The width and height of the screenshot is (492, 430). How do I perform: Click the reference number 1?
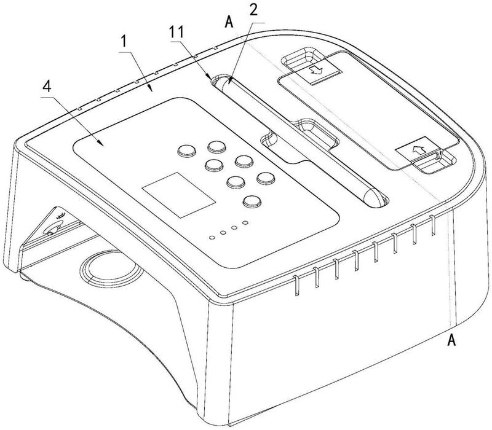tap(125, 41)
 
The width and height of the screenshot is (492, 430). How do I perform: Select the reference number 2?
tap(253, 10)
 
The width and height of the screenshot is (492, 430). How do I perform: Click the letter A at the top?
tap(229, 22)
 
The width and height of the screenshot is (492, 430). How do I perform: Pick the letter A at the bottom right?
tap(451, 340)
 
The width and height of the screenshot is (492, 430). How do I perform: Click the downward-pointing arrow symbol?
tap(317, 70)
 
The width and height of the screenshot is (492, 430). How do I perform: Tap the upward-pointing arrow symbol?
tap(419, 149)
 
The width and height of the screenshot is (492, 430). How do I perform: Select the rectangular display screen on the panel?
tap(178, 195)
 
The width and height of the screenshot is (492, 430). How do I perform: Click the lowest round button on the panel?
tap(252, 201)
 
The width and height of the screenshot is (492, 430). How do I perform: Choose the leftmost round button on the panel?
tap(187, 150)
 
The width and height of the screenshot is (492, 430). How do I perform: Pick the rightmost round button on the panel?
tap(266, 178)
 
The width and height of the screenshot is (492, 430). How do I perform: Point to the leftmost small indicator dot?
tap(212, 238)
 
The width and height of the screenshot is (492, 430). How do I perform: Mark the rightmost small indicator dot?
tap(245, 223)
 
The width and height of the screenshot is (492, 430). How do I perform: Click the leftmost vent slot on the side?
tap(296, 286)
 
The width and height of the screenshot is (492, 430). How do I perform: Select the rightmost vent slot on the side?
tap(433, 225)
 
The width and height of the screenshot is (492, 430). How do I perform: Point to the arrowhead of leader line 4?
tap(101, 144)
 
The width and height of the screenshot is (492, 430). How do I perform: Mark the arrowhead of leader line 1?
tap(151, 89)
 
